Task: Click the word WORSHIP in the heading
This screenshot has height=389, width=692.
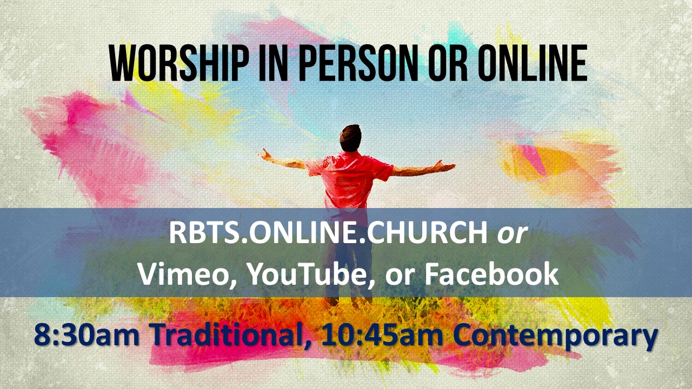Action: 179,63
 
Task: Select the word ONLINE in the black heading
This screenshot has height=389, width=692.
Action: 534,63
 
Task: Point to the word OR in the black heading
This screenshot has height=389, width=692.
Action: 447,63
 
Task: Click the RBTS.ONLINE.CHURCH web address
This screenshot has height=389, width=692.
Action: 328,232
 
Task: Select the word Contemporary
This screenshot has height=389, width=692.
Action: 555,337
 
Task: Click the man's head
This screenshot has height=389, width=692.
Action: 351,138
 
